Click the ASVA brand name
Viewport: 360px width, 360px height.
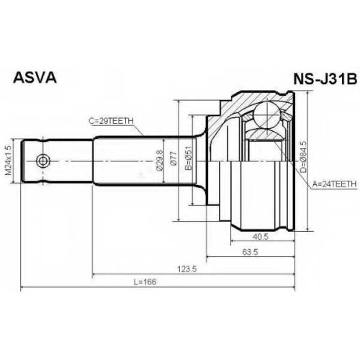pyautogui.click(x=35, y=78)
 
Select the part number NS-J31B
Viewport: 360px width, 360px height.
pyautogui.click(x=325, y=79)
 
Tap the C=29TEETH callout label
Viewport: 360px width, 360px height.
pyautogui.click(x=111, y=121)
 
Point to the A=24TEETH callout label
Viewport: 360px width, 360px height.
pyautogui.click(x=334, y=184)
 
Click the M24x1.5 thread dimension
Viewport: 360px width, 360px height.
pyautogui.click(x=8, y=161)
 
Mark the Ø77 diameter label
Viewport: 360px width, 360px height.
pyautogui.click(x=174, y=158)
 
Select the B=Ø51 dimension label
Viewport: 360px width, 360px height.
pyautogui.click(x=189, y=158)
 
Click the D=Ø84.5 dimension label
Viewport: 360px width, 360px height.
pyautogui.click(x=303, y=157)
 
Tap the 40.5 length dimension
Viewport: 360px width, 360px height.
pyautogui.click(x=261, y=237)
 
